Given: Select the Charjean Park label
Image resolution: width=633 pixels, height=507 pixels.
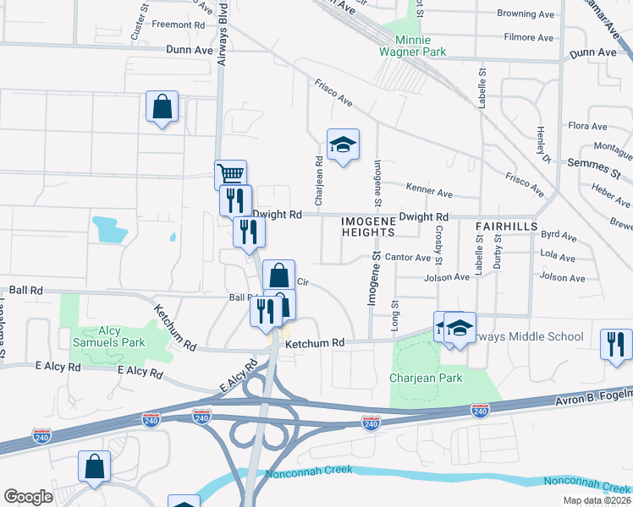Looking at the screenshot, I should [x=427, y=378].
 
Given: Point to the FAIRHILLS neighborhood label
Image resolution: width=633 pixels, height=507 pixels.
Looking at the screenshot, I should [x=507, y=226].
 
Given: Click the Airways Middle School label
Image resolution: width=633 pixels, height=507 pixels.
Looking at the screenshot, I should [x=529, y=336].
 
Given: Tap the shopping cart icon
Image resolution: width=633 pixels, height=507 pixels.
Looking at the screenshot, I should [x=230, y=175].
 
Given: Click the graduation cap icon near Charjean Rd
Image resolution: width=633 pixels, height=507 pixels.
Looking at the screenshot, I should [x=343, y=145].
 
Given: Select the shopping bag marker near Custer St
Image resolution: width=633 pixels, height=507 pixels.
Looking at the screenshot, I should [x=162, y=107].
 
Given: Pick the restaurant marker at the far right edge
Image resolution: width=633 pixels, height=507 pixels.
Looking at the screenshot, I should [x=615, y=344].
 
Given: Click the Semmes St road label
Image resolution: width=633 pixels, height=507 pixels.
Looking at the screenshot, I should [x=594, y=162].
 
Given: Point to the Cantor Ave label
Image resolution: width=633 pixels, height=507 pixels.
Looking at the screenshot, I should [x=408, y=257].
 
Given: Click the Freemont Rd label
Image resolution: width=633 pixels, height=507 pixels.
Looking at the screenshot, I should [x=179, y=25].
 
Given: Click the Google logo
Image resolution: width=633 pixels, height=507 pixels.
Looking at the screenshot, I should [x=28, y=496].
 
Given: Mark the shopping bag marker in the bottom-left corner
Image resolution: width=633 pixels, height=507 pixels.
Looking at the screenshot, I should [x=94, y=467].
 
